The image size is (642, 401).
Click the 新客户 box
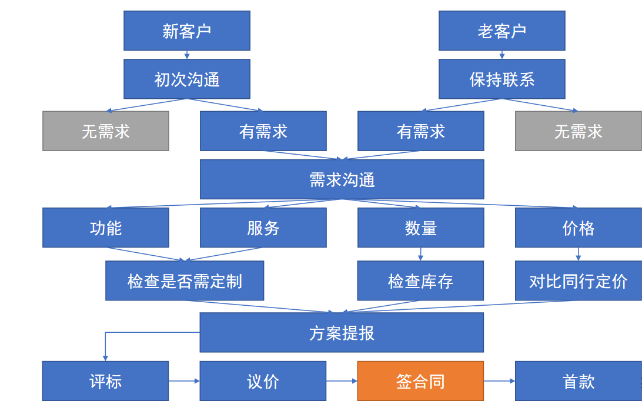pyautogui.click(x=186, y=31)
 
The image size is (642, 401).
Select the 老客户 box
pyautogui.click(x=501, y=31)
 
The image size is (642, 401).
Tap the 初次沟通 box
pyautogui.click(x=186, y=79)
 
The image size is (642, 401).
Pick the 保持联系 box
pyautogui.click(x=501, y=79)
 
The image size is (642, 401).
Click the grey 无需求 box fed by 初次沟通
pyautogui.click(x=106, y=131)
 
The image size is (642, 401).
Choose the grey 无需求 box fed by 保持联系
pyautogui.click(x=578, y=131)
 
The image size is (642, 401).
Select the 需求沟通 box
pyautogui.click(x=342, y=179)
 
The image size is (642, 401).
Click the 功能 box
pyautogui.click(x=106, y=228)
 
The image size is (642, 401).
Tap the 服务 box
pyautogui.click(x=263, y=228)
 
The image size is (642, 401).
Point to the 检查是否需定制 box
pyautogui.click(x=185, y=281)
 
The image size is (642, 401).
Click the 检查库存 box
pyautogui.click(x=420, y=281)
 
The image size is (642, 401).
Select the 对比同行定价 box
pyautogui.click(x=578, y=281)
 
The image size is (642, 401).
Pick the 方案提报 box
pyautogui.click(x=342, y=333)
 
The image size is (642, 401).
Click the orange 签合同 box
pyautogui.click(x=420, y=381)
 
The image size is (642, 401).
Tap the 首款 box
pyautogui.click(x=578, y=381)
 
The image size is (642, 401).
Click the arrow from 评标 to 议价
pyautogui.click(x=184, y=381)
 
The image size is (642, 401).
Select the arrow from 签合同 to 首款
pyautogui.click(x=499, y=381)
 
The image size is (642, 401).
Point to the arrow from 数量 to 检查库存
pyautogui.click(x=420, y=254)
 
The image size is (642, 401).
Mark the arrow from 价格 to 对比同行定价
pyautogui.click(x=578, y=254)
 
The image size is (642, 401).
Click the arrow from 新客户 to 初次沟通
pyautogui.click(x=186, y=55)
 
